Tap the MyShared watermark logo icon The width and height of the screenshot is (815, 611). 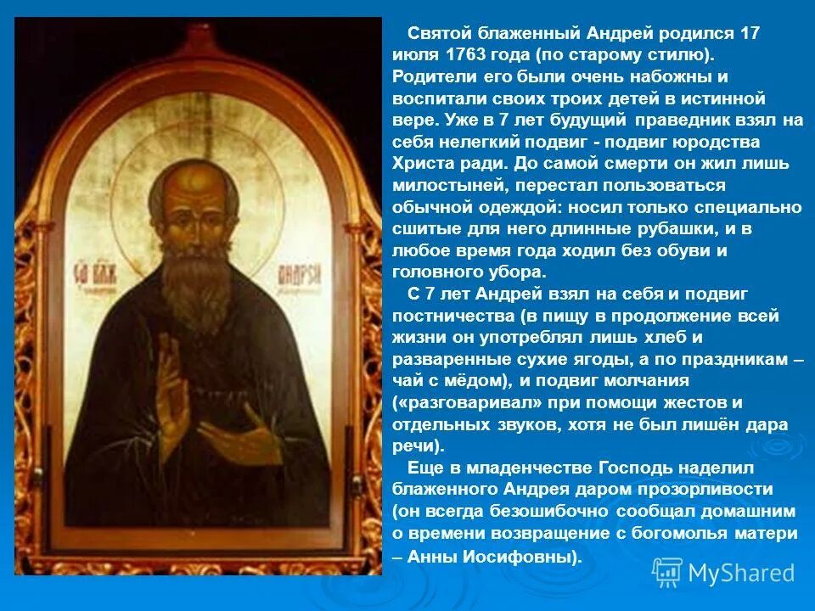667,571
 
